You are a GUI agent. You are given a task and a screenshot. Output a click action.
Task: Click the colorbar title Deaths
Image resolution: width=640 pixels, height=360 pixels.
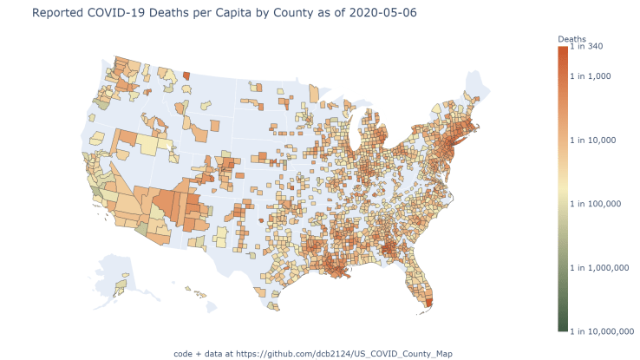[x=571, y=40]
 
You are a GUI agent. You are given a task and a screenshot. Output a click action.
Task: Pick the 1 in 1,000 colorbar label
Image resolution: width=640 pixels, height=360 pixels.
[x=594, y=75]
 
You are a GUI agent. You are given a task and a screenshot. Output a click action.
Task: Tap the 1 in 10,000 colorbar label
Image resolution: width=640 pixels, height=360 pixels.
[x=596, y=140]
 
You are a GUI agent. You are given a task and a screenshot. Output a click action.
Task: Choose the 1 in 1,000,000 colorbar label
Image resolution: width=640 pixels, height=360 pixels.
[x=603, y=268]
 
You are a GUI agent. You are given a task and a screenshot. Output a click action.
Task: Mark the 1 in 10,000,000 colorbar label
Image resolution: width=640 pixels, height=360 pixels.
[x=604, y=331]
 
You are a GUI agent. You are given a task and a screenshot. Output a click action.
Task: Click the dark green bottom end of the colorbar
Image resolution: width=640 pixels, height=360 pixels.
[x=563, y=328]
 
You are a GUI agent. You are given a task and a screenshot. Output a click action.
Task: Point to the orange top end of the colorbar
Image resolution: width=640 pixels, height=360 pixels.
[x=563, y=50]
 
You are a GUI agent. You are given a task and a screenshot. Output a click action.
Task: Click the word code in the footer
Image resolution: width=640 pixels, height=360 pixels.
[x=183, y=353]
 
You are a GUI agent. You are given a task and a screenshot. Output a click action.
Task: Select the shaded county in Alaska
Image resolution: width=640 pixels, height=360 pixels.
[x=122, y=284]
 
